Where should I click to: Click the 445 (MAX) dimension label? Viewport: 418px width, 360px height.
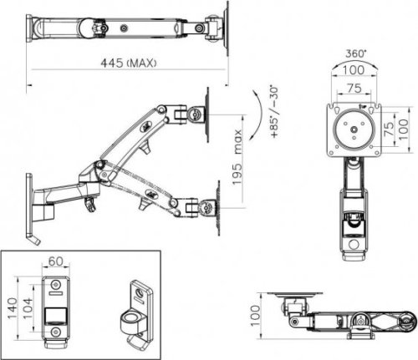point(128,63)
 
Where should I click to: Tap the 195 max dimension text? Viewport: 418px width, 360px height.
point(237,157)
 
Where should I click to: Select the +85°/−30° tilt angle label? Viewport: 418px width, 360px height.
point(274,112)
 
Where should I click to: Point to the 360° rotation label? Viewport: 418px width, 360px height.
point(355,53)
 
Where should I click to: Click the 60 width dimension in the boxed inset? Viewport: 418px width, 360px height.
point(56,261)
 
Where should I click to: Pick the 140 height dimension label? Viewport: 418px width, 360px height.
point(13,308)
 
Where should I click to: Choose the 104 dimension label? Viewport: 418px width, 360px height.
point(27,309)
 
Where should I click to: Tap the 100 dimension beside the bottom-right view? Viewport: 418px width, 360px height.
point(255,316)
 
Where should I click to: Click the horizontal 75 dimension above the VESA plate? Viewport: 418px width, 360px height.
point(354,88)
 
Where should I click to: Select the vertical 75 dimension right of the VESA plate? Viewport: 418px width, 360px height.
point(389,129)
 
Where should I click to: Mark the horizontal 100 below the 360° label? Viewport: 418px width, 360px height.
point(354,70)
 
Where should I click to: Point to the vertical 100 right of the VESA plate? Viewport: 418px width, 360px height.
point(404,129)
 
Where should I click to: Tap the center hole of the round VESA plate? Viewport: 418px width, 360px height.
point(354,129)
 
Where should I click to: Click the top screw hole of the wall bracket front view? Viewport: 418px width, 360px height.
point(56,285)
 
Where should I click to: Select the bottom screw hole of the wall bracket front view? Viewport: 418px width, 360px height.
point(56,332)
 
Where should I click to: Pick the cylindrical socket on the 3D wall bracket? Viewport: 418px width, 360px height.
point(131,323)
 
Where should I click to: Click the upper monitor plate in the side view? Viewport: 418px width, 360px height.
point(207,114)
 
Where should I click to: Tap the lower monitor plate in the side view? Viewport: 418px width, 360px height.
point(218,208)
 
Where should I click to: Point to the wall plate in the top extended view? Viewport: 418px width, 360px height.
point(29,28)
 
